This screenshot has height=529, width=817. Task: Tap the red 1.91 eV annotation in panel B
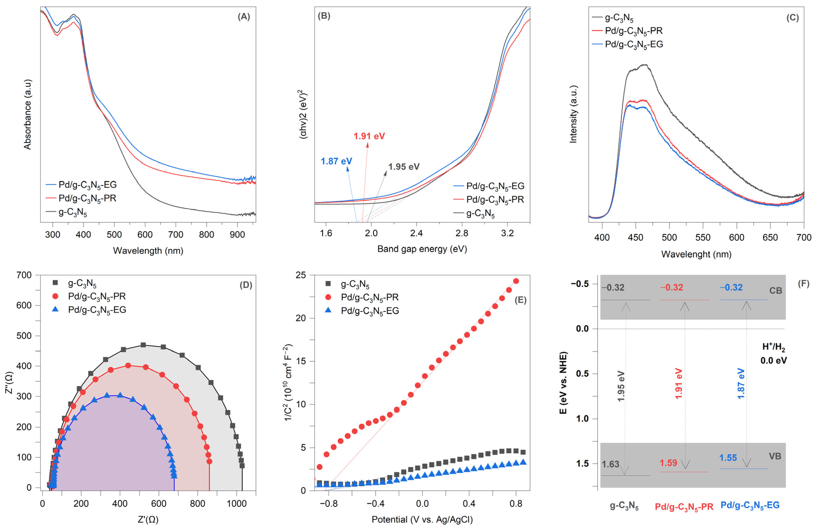pyautogui.click(x=369, y=136)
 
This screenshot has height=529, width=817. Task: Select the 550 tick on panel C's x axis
pyautogui.click(x=703, y=237)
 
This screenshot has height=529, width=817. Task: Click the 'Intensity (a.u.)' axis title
pyautogui.click(x=574, y=114)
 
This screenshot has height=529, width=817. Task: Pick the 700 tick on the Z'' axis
pyautogui.click(x=24, y=275)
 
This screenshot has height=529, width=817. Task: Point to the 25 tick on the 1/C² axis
pyautogui.click(x=301, y=275)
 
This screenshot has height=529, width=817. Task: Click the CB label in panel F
pyautogui.click(x=776, y=291)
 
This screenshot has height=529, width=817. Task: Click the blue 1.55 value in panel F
pyautogui.click(x=728, y=458)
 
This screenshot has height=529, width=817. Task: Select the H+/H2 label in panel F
pyautogui.click(x=773, y=347)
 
